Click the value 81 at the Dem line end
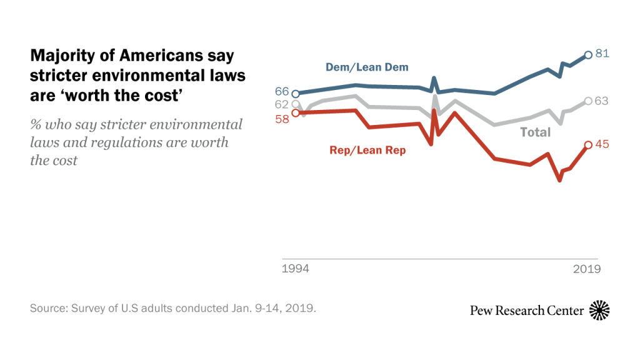point(602,54)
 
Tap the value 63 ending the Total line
point(602,101)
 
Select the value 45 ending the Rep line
point(602,144)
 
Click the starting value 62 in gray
point(282,104)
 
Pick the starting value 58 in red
point(282,118)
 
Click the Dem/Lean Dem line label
point(367,67)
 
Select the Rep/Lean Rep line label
point(367,150)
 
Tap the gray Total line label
point(536,132)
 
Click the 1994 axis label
point(294,269)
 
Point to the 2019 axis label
point(587,269)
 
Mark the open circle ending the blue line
point(587,55)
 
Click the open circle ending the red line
point(587,145)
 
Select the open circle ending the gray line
point(587,101)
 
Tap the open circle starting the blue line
point(296,94)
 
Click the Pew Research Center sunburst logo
point(599,309)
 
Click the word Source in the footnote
point(47,309)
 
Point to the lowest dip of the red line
point(559,180)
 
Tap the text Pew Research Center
point(527,310)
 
